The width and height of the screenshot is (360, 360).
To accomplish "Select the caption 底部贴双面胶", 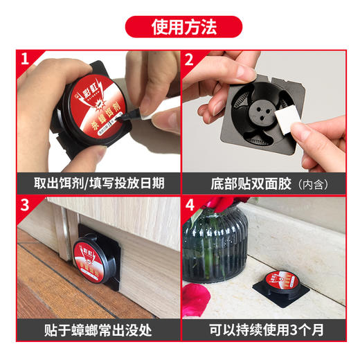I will click(253, 184).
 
